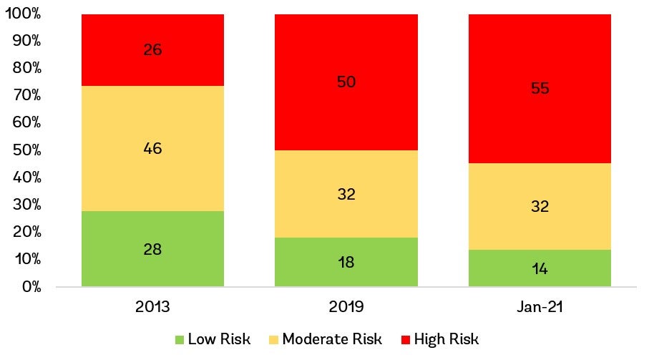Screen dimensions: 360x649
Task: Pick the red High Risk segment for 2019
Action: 346,107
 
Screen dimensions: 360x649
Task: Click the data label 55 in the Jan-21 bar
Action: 540,89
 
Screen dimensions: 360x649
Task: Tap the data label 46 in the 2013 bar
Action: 152,149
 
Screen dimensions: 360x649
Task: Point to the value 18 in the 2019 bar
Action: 346,262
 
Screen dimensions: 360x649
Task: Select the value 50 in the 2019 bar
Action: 346,82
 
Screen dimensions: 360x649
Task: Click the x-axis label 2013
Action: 152,307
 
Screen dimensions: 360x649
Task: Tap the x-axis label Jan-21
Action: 540,307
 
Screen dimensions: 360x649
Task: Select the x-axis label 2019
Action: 346,307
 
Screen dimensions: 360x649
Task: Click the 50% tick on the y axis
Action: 26,150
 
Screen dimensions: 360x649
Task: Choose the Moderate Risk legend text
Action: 332,339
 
